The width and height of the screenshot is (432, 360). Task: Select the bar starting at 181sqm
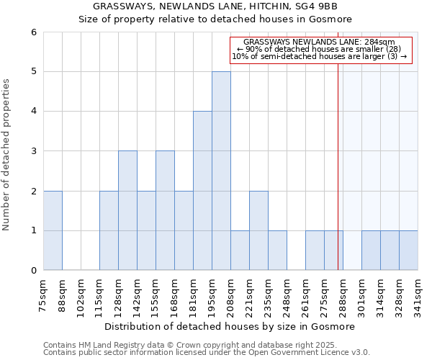(202, 191)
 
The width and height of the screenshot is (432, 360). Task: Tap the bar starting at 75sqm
(53, 230)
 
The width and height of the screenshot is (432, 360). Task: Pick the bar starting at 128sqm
(127, 210)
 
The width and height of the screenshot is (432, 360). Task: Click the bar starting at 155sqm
(165, 210)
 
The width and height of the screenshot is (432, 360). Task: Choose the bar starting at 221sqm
(258, 230)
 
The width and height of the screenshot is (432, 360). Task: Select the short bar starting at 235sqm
(277, 251)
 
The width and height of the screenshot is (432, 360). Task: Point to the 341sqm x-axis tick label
(418, 292)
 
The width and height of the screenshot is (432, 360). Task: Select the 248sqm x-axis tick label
(287, 292)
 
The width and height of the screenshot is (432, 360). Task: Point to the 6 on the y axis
(33, 32)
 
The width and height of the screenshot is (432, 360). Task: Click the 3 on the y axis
(33, 151)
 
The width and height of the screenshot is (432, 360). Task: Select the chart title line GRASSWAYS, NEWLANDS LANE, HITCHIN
(215, 6)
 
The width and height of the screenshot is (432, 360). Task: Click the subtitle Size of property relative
(215, 19)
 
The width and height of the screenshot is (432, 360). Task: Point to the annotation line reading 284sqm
(320, 42)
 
